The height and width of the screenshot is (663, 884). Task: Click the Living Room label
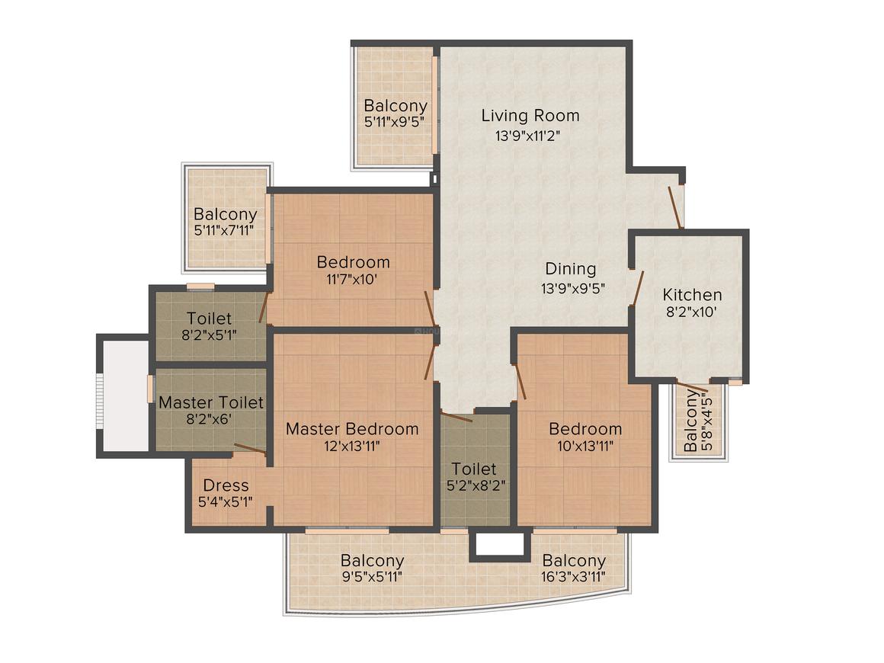(530, 116)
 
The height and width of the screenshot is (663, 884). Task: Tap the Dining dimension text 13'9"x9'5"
(573, 289)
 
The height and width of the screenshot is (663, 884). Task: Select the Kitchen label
(692, 295)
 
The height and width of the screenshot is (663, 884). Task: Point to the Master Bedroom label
(352, 428)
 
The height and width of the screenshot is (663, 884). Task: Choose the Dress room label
(226, 485)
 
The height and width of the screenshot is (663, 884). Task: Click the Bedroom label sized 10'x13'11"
(585, 428)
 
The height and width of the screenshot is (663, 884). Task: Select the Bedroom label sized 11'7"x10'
(353, 262)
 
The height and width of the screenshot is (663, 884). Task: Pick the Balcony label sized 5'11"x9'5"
(395, 106)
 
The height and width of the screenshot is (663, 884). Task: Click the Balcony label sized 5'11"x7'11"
(225, 215)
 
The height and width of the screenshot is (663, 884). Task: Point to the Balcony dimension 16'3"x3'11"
(573, 577)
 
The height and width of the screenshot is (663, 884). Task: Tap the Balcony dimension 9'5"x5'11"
(372, 577)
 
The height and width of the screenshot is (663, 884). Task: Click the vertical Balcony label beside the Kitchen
(690, 421)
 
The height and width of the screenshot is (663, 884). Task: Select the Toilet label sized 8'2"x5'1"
(209, 319)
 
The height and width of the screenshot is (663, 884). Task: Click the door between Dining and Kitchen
(637, 289)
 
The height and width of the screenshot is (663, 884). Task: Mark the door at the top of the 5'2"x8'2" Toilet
(457, 417)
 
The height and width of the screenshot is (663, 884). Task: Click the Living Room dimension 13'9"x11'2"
(530, 136)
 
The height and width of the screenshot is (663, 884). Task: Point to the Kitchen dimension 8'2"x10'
(692, 312)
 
